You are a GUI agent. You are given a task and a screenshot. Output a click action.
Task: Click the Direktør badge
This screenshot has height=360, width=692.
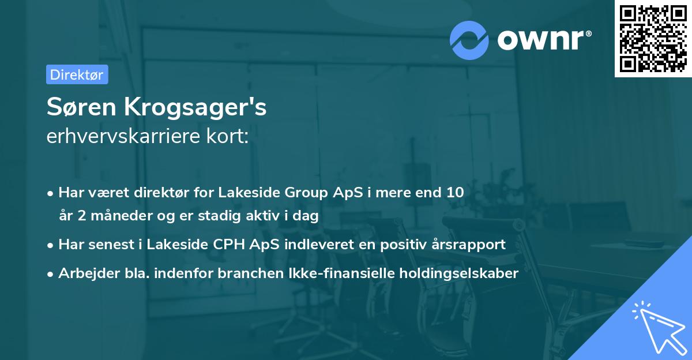tap(77, 74)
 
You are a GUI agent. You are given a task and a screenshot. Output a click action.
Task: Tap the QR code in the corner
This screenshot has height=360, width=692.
tap(653, 39)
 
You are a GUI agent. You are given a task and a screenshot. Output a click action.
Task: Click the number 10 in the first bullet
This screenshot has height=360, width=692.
tap(455, 192)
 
